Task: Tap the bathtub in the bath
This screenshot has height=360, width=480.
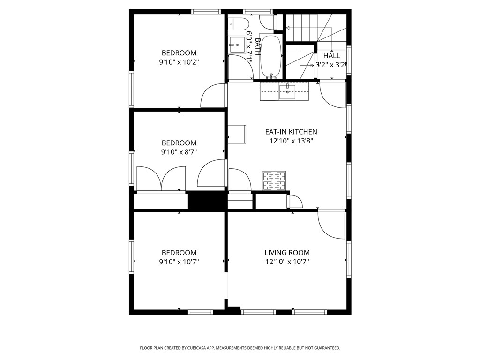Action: coord(270,57)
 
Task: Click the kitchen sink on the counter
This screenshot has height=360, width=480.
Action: coord(287,92)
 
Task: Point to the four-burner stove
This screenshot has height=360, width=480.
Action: coord(274,180)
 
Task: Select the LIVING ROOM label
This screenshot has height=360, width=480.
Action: coord(287,253)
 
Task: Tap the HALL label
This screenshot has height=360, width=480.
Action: coord(331,56)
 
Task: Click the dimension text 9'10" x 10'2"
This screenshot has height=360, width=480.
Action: coord(179,62)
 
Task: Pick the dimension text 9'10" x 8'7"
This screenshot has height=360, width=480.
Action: coord(179,152)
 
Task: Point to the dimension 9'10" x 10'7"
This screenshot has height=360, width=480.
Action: coord(179,262)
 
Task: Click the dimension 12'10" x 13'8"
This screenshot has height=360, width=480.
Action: coord(291,141)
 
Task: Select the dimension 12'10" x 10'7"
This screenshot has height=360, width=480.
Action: coord(287,262)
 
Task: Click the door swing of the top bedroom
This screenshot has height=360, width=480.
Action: coord(212,96)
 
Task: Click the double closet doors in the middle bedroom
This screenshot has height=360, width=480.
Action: coord(161,179)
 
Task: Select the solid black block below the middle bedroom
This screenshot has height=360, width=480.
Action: coord(206,200)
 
